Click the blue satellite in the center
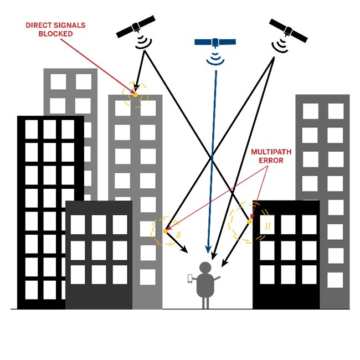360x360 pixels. (x=215, y=43)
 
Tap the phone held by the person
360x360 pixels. (x=190, y=279)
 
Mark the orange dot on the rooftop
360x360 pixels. (x=135, y=95)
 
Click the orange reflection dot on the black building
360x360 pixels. (x=249, y=222)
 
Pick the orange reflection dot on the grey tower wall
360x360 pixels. (x=165, y=230)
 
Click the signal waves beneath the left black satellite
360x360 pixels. (x=144, y=42)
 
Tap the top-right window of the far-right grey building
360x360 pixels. (x=336, y=111)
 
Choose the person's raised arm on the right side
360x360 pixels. (x=218, y=277)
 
